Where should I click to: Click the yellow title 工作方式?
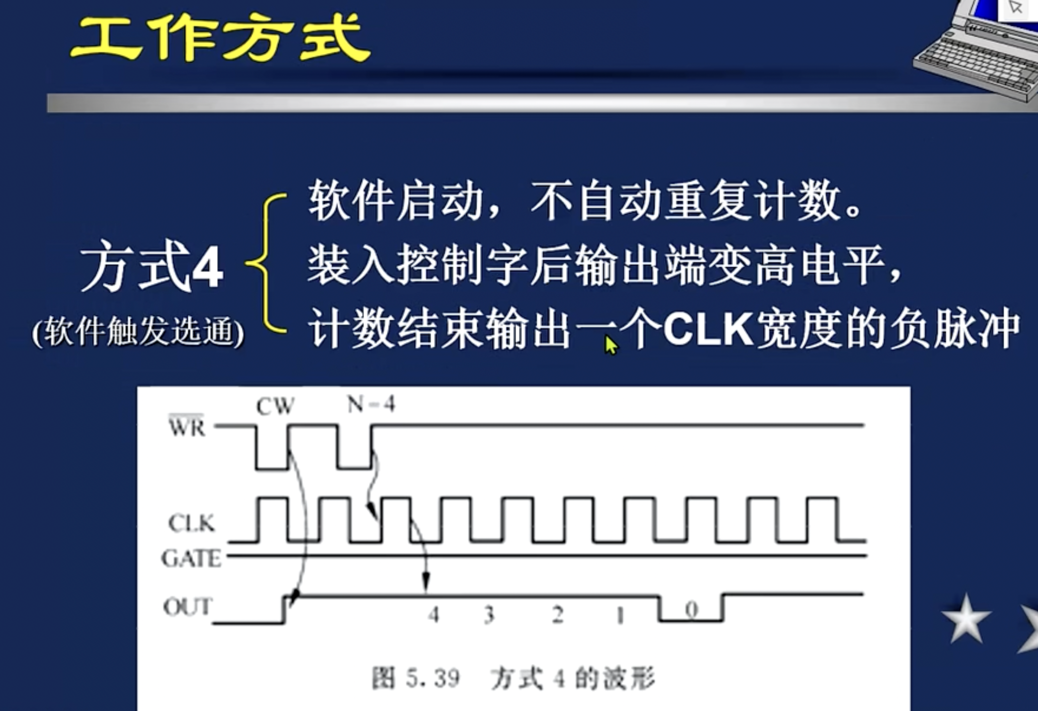(x=220, y=38)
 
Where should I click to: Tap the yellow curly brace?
(x=267, y=263)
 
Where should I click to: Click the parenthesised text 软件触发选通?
(x=138, y=332)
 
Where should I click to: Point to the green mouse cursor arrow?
(x=610, y=345)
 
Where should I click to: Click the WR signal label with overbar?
(x=187, y=427)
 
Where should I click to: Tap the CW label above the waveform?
(x=275, y=406)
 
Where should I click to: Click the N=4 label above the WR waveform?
(x=371, y=404)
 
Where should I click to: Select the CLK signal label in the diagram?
(x=191, y=523)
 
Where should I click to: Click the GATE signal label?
(x=191, y=558)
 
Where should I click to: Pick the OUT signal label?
(x=188, y=607)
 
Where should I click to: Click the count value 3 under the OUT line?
(x=489, y=615)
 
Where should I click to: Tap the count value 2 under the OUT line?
(x=557, y=615)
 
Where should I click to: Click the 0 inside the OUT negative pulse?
(x=691, y=610)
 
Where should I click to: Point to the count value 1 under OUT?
(x=620, y=616)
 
